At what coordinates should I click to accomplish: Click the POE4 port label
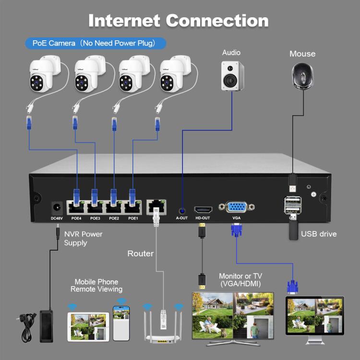point(76,218)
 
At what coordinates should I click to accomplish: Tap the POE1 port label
point(133,218)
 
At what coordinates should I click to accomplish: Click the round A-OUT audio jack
point(182,210)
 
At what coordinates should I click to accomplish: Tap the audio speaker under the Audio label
point(232,76)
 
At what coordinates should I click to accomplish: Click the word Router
point(140,253)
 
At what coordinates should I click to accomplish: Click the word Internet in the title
point(126,21)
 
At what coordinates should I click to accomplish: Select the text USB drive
point(319,234)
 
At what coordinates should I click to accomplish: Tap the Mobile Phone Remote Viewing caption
point(96,286)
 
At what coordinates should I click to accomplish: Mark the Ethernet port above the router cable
point(156,207)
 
